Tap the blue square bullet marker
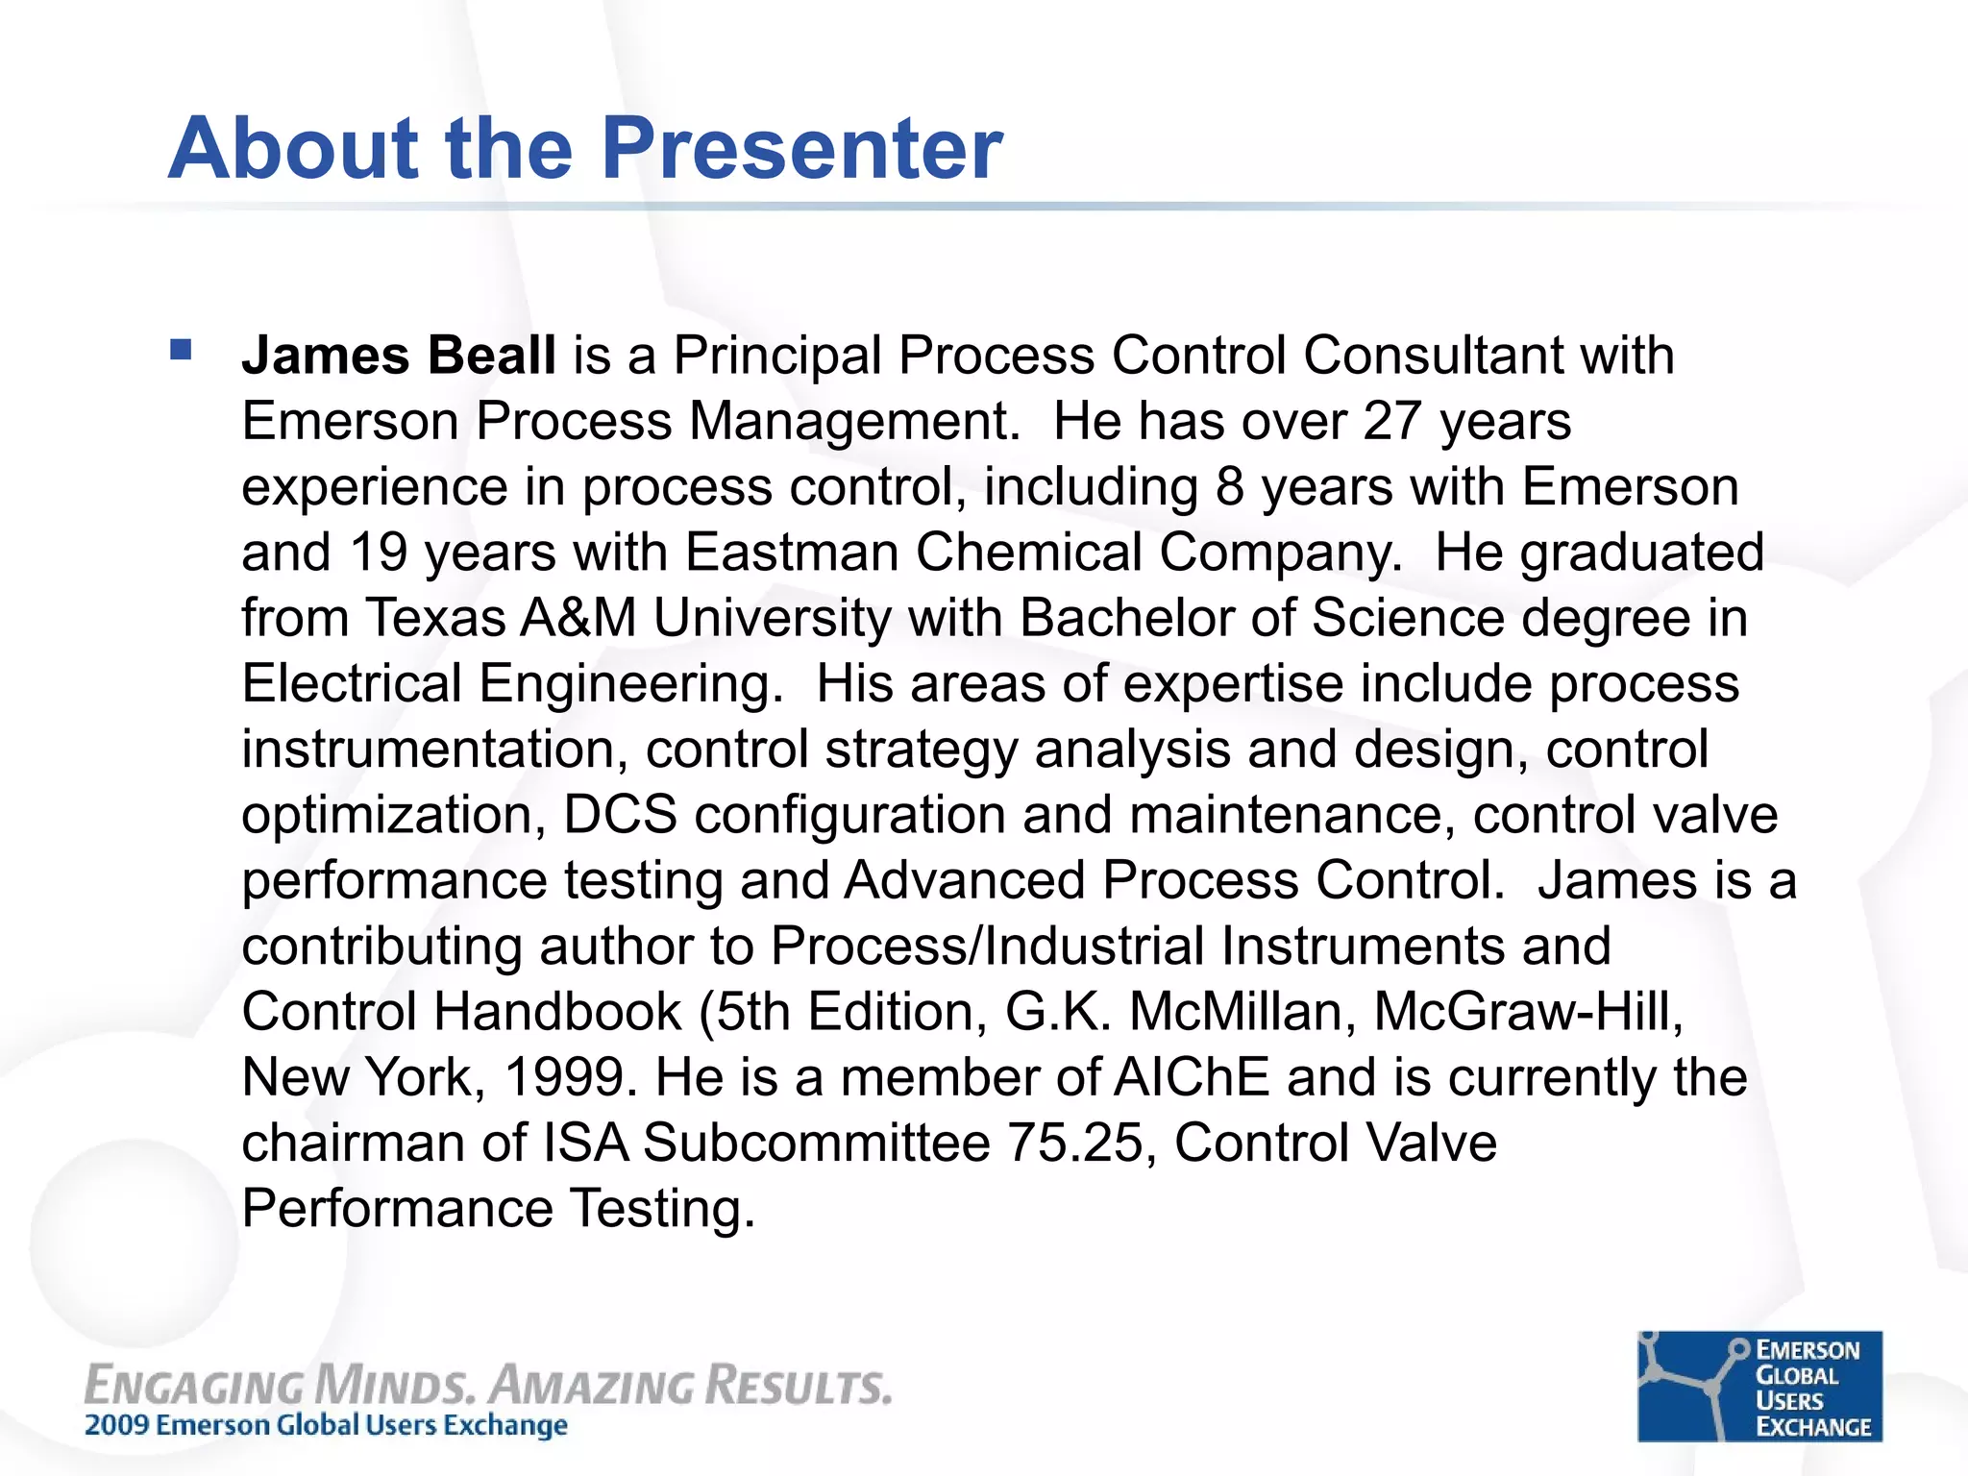[181, 349]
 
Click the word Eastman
[792, 553]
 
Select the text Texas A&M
[501, 618]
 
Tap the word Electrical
[352, 683]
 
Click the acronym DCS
[620, 815]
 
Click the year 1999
[570, 1077]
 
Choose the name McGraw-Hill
[1527, 1012]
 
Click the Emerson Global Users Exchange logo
[1759, 1386]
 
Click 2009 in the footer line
[117, 1425]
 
